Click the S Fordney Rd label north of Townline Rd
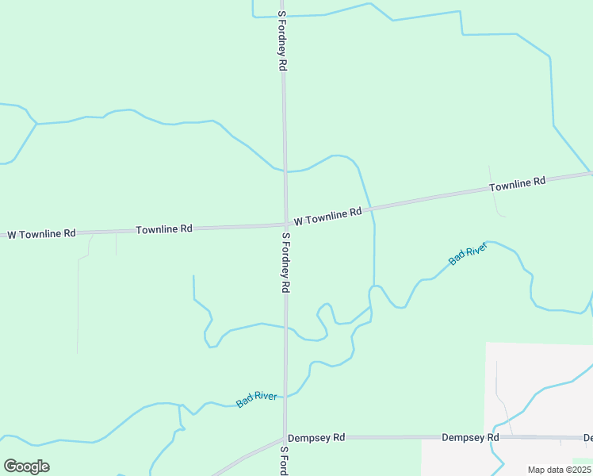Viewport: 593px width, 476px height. (281, 42)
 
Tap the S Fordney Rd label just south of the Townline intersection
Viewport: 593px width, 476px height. (285, 263)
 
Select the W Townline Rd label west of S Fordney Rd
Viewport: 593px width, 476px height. (42, 234)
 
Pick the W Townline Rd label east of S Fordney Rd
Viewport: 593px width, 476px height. (327, 216)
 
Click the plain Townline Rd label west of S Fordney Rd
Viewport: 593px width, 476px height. (164, 229)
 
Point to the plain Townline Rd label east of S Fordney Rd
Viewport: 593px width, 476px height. (518, 184)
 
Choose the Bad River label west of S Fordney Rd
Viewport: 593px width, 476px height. (257, 398)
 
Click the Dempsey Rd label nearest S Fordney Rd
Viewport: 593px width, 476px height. (316, 437)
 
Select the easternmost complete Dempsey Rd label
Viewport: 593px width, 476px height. (470, 437)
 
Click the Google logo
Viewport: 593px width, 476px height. (26, 466)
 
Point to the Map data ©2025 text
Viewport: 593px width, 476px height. (558, 470)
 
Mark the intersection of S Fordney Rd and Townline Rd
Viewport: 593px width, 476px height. (285, 225)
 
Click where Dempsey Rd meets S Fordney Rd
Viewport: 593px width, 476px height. (285, 438)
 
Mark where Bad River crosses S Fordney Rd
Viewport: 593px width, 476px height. (285, 395)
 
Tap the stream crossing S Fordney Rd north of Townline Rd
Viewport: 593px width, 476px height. (285, 171)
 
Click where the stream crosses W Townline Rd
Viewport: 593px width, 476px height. (370, 209)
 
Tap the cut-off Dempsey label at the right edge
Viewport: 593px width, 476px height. (587, 437)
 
